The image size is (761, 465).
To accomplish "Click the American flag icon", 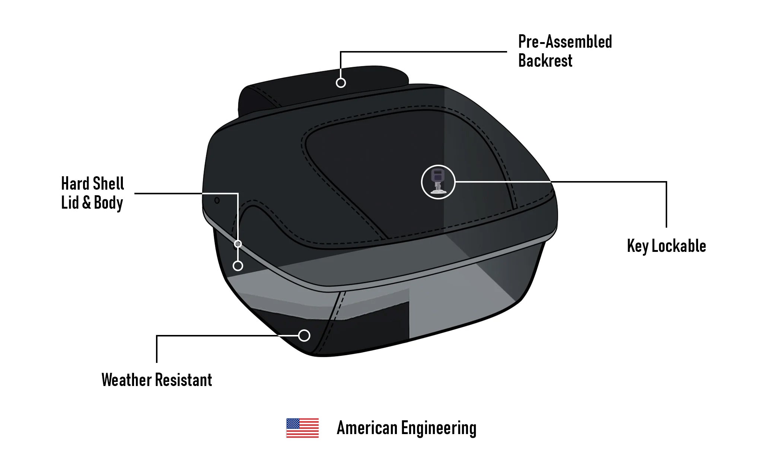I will coord(302,428).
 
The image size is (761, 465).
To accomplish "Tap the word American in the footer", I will coord(367,428).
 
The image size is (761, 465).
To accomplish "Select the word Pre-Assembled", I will coord(565,42).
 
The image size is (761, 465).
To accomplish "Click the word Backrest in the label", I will coord(545,61).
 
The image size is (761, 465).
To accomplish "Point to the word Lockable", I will coord(679,246).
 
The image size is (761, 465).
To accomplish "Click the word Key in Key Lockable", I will coord(638,246).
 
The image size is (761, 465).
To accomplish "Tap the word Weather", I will coord(127,380).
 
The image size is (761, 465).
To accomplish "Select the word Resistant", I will coord(184,380).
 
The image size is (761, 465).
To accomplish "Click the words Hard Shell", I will coord(92,184).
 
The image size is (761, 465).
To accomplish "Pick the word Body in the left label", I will coord(108,203).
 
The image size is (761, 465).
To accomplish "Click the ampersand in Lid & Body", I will coord(86,203).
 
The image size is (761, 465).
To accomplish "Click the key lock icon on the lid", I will coord(438,182).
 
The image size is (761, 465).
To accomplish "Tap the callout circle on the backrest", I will coord(341,83).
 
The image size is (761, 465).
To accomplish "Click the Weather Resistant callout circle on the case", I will coord(304,335).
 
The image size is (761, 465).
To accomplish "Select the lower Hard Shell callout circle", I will coord(238,266).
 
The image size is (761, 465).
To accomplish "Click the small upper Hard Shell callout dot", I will coord(238,244).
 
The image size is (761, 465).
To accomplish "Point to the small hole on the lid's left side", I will coord(217,200).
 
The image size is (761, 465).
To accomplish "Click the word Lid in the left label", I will coord(70,203).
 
